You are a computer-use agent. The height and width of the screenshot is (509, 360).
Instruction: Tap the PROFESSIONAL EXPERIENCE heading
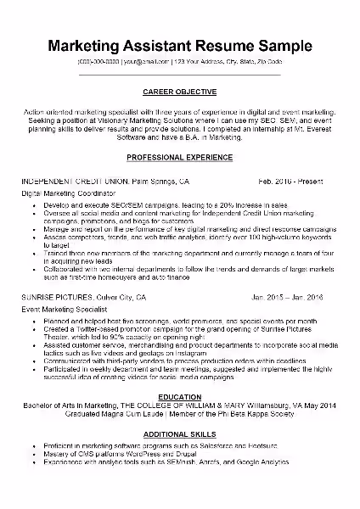pos(179,159)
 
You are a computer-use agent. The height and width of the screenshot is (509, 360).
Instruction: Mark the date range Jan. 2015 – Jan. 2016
pos(287,299)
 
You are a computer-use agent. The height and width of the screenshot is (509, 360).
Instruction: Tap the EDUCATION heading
pos(179,396)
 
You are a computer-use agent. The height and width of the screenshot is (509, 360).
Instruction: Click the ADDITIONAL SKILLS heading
pos(179,433)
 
